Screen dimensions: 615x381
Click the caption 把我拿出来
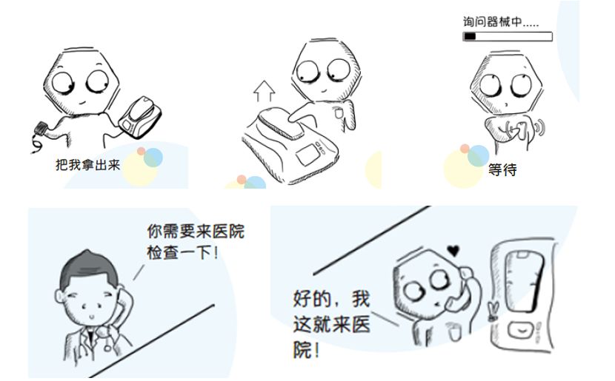coord(87,165)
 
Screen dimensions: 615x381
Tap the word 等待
coord(502,170)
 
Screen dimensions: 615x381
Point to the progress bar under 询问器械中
coord(508,37)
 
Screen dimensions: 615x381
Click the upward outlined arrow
coord(264,92)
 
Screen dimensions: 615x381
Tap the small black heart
coord(453,250)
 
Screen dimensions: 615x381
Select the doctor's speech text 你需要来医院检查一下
coord(196,242)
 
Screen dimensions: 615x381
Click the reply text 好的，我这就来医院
coord(331,324)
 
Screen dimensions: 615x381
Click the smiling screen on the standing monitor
coord(520,331)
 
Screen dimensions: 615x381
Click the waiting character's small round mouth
coord(506,104)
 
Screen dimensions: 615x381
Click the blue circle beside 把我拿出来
coord(153,157)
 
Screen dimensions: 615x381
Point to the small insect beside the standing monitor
coord(493,310)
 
